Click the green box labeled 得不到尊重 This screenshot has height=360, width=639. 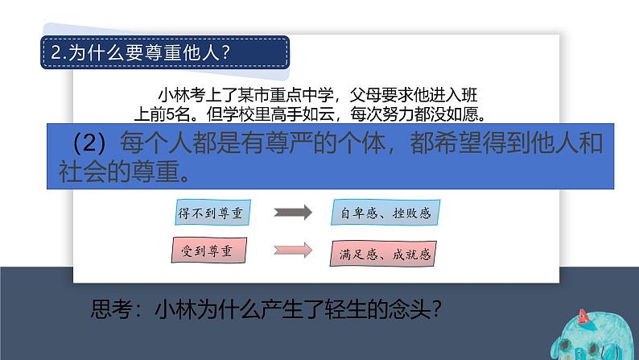[213, 213]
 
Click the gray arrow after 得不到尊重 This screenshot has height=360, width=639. [293, 213]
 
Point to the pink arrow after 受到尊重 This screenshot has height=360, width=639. [293, 249]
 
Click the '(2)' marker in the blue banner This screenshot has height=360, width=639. [89, 145]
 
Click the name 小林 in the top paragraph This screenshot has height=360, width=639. [173, 93]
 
